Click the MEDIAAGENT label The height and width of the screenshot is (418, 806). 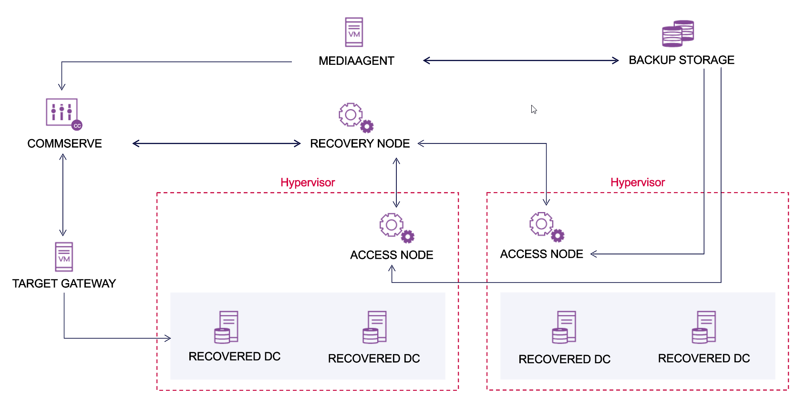[356, 61]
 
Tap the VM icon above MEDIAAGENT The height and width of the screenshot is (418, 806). [354, 32]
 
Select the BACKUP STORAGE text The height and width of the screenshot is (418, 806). [681, 60]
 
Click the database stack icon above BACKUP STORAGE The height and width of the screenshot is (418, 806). [678, 33]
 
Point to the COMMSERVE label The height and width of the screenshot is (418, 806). [64, 143]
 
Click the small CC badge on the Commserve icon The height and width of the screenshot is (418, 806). [77, 126]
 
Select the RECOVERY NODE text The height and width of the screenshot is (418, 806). [360, 143]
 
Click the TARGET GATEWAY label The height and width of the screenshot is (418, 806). [64, 284]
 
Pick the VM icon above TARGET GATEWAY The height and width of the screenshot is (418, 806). [64, 257]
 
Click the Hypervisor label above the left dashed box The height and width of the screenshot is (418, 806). [308, 183]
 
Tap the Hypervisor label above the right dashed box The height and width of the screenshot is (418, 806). [637, 183]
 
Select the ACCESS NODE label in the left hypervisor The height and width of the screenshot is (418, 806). [392, 255]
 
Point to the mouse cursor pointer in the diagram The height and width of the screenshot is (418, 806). [534, 110]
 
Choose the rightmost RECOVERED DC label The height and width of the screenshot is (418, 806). [703, 358]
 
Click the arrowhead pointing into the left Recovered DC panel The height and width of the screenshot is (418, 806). [167, 338]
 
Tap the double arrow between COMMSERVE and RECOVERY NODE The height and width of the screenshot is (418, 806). [217, 143]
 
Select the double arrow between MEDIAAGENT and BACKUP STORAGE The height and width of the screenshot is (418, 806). [521, 61]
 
